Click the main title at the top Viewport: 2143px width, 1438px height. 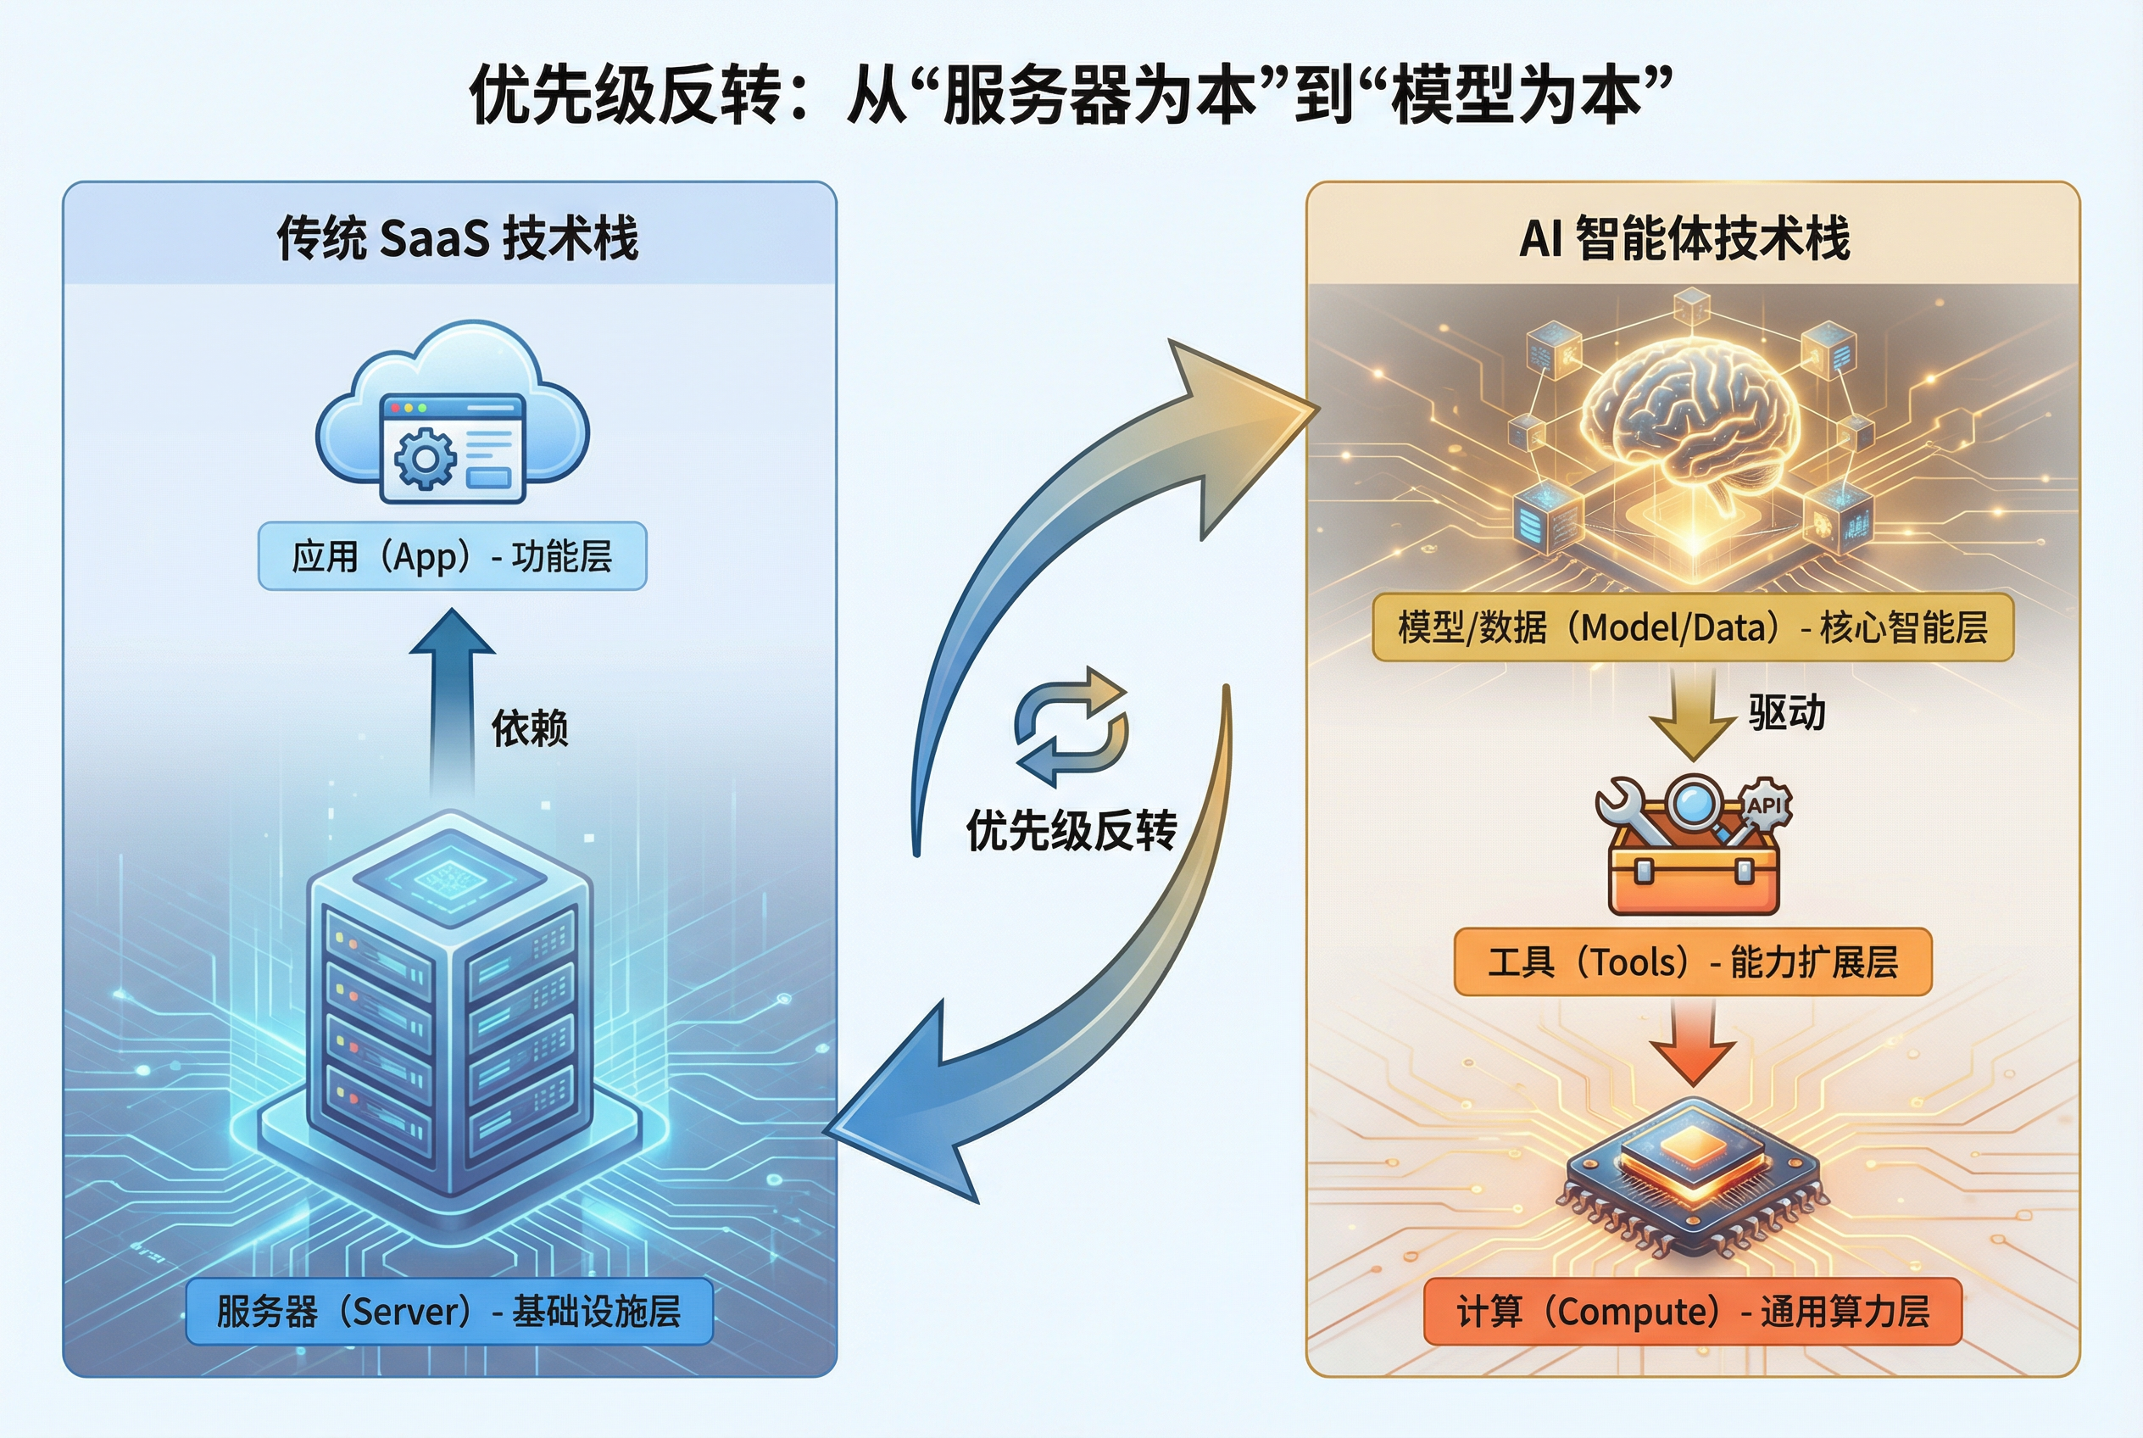pos(1070,94)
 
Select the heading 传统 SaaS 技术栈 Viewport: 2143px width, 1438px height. pos(457,238)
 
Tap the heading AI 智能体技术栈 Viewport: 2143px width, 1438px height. pos(1684,238)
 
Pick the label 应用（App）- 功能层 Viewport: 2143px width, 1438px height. pos(452,555)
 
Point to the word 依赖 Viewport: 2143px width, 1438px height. pos(530,728)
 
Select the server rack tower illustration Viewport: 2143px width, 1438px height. pos(449,1009)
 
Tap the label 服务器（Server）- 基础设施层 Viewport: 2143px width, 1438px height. pos(449,1312)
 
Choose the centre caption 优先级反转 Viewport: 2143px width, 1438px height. pos(1071,831)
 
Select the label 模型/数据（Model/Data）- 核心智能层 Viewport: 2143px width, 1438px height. pos(1693,627)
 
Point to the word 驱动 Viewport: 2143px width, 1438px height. pos(1786,712)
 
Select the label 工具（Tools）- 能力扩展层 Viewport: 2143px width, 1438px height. pos(1693,962)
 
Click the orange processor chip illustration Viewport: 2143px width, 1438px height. pos(1693,1173)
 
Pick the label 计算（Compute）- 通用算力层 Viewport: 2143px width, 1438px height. pos(1693,1312)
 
